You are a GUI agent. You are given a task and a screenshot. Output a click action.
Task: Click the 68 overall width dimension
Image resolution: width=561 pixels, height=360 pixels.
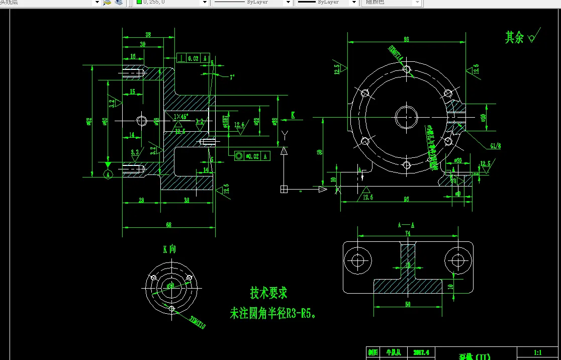168,225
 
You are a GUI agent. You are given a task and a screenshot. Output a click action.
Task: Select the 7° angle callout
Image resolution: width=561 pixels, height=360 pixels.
232,77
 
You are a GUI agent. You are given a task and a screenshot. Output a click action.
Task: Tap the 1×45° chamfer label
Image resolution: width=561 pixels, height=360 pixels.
180,117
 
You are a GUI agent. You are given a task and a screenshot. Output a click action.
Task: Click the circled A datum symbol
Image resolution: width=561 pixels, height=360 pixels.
108,174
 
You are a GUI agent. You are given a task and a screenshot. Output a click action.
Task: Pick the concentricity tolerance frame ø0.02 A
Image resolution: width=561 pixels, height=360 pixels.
252,156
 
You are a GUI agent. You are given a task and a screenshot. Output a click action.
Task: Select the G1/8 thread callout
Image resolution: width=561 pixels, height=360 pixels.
495,146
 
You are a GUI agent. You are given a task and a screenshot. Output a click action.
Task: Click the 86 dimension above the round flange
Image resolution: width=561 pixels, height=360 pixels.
406,39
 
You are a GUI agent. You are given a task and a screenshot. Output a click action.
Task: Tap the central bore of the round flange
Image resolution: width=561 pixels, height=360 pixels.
406,117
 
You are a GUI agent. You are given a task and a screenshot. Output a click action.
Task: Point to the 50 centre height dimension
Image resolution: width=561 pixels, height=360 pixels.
320,152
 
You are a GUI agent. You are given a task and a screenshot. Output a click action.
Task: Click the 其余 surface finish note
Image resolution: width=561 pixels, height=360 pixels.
515,37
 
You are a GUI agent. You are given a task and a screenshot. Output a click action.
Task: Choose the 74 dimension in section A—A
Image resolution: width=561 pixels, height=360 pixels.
407,233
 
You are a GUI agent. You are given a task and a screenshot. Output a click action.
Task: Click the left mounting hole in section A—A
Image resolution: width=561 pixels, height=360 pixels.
358,260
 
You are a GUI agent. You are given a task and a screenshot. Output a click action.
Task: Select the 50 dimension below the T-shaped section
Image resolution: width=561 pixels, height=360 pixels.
407,304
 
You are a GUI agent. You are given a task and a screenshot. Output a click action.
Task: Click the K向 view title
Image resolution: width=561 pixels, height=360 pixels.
169,249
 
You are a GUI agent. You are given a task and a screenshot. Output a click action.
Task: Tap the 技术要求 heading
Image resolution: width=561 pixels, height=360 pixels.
268,293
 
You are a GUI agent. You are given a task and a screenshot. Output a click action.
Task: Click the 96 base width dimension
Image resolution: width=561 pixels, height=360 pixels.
406,199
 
